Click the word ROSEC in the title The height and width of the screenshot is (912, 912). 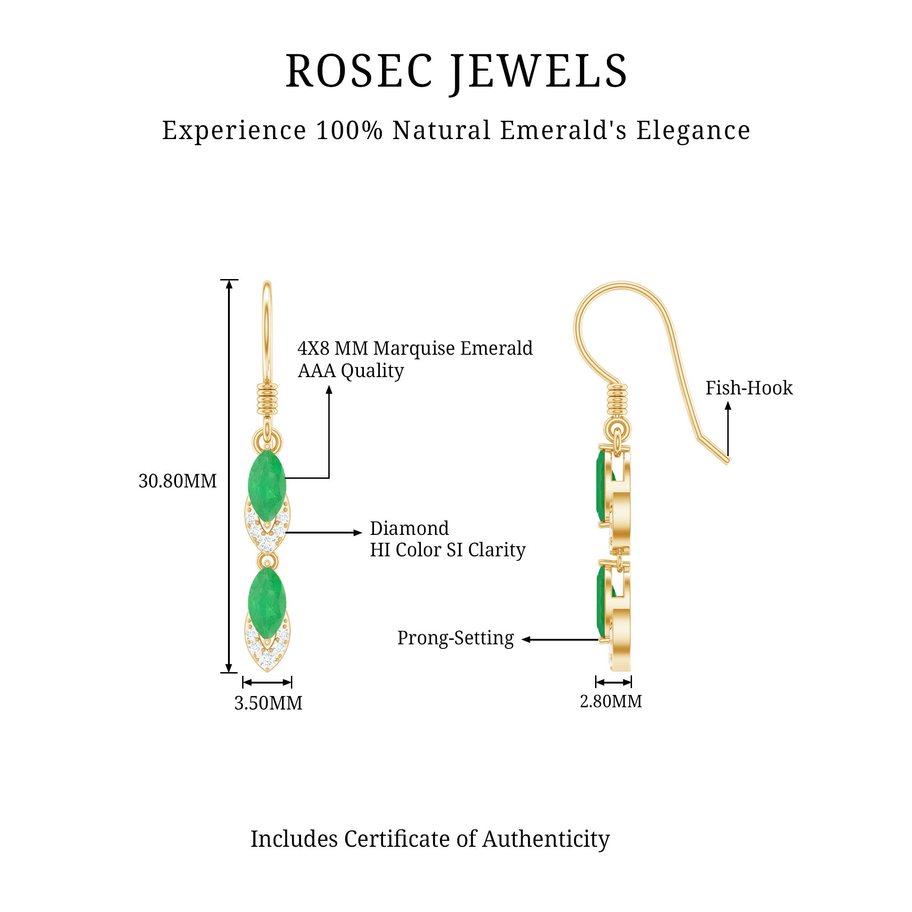click(x=359, y=71)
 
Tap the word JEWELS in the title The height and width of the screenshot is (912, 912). click(x=538, y=71)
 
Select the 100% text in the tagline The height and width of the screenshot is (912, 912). click(x=349, y=130)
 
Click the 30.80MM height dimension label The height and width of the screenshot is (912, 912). click(x=177, y=481)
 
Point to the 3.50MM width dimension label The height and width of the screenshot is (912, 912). click(x=268, y=703)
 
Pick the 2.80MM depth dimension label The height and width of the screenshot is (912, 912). click(x=611, y=701)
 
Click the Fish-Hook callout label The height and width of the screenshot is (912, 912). click(x=749, y=388)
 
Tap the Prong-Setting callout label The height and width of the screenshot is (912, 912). click(x=455, y=638)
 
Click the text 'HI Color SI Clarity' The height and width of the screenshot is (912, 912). click(x=447, y=550)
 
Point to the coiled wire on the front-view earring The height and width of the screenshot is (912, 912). click(x=267, y=399)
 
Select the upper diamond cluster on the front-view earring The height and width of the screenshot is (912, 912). click(x=267, y=534)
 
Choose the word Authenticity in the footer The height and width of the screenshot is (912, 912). click(x=546, y=839)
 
